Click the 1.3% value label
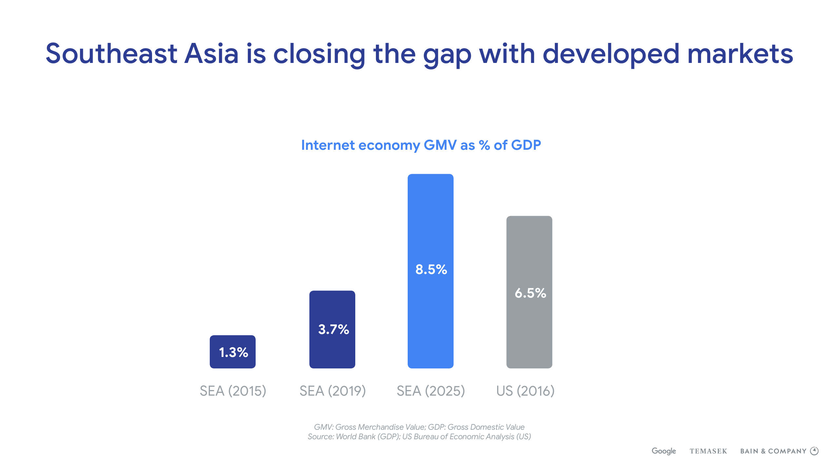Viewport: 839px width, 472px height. point(233,352)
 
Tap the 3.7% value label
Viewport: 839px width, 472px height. point(333,329)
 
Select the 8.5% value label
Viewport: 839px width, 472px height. point(431,269)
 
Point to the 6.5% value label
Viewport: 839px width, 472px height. point(530,293)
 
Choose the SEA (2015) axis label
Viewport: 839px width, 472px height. point(233,391)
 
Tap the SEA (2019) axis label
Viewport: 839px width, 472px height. point(333,391)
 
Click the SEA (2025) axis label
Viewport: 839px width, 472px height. point(431,391)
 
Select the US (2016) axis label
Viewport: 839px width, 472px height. point(525,391)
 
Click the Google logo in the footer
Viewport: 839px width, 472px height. point(664,451)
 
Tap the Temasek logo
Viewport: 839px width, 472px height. point(708,451)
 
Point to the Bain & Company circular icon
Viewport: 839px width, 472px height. point(814,451)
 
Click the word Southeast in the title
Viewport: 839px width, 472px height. point(111,54)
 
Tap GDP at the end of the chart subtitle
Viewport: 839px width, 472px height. point(526,145)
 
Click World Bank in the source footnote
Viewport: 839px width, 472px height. point(356,437)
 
